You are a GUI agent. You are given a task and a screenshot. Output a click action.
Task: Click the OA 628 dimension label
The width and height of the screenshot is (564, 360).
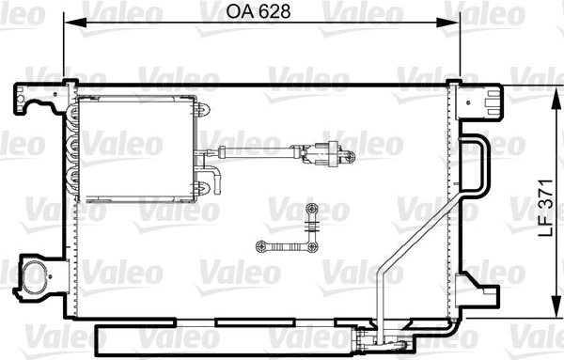coord(258,12)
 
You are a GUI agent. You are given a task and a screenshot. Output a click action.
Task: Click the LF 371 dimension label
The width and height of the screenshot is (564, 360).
coord(545,209)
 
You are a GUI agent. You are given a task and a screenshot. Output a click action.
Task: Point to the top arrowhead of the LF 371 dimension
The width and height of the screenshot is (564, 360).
coord(556,97)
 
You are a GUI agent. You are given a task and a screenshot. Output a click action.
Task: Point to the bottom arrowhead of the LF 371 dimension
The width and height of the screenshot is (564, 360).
coord(556,306)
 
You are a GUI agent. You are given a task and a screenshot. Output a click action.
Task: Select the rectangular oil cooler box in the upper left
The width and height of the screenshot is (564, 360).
coord(136,149)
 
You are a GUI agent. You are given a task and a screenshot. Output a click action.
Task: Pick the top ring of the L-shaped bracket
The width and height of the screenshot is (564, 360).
coord(311,209)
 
